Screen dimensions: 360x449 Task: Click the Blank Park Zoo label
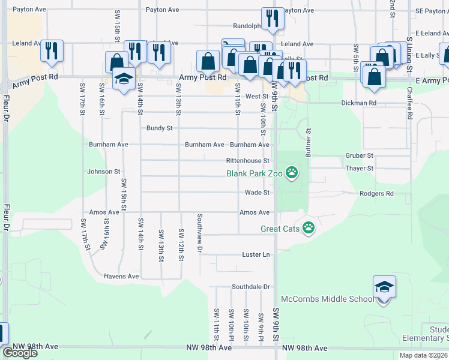tap(254, 174)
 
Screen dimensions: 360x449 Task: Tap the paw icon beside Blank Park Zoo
tap(292, 174)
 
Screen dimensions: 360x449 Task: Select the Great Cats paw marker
tap(309, 228)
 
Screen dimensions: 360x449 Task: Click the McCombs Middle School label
tap(327, 299)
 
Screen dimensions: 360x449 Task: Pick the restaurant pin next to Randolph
tap(273, 20)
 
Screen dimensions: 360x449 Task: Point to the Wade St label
tap(257, 193)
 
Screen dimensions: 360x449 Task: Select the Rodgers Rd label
tap(376, 194)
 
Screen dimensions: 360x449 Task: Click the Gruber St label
tap(360, 155)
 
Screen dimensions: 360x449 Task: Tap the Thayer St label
tap(360, 169)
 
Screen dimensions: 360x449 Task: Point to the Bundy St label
tap(160, 128)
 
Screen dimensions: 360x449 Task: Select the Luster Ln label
tap(256, 255)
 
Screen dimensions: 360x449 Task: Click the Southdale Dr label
tap(252, 287)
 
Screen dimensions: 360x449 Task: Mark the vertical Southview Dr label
tap(200, 232)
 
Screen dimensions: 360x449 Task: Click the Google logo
tap(20, 353)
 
